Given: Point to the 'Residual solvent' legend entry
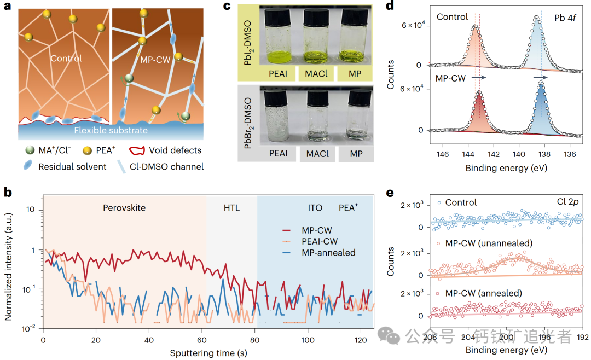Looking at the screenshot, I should (x=73, y=166).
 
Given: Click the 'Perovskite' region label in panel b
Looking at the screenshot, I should (x=125, y=208).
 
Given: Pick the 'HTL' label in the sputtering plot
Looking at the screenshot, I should (x=231, y=208).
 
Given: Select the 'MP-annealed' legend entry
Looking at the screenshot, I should (x=328, y=252).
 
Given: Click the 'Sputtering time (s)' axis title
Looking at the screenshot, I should (x=207, y=353).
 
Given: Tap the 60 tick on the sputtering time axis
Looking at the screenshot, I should (x=202, y=339).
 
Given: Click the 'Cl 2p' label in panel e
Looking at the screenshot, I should (x=567, y=202).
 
